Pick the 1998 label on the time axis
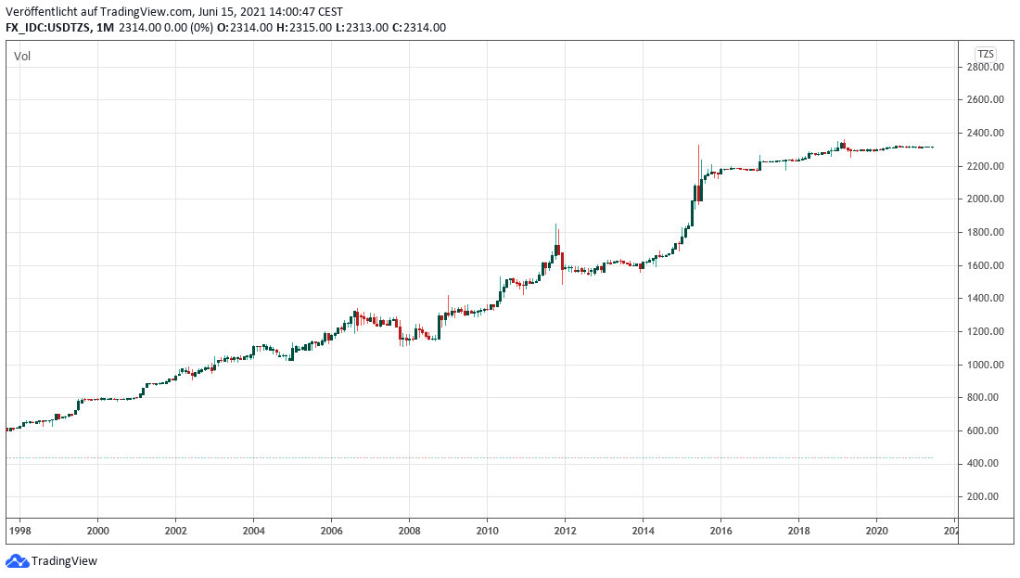click(x=19, y=531)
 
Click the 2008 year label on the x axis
click(x=409, y=531)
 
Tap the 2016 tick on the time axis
click(x=720, y=531)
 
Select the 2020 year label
click(x=876, y=531)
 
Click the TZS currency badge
click(x=985, y=53)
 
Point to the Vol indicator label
click(x=22, y=57)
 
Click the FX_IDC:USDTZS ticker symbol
click(x=48, y=28)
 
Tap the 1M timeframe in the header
click(x=104, y=28)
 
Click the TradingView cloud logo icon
click(x=17, y=561)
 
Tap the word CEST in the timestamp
click(x=329, y=11)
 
